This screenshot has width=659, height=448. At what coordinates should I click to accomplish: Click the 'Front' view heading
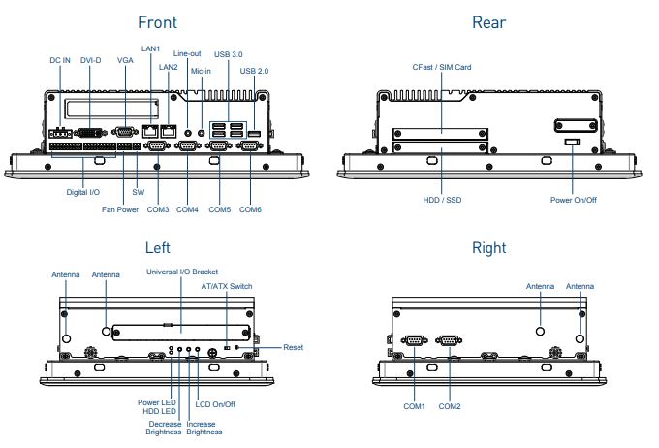click(x=157, y=22)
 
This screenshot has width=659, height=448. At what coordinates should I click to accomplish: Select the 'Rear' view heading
click(x=488, y=22)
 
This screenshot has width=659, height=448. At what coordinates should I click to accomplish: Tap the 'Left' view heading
click(x=157, y=248)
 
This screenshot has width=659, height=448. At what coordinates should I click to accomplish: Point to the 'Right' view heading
click(x=488, y=248)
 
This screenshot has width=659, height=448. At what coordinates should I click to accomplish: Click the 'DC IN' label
click(x=60, y=60)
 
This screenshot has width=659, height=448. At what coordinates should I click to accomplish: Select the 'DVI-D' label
click(x=91, y=60)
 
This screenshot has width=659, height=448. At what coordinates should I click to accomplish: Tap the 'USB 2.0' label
click(x=255, y=71)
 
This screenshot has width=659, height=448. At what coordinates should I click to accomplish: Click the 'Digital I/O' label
click(x=82, y=192)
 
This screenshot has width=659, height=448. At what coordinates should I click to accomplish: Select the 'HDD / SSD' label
click(x=439, y=200)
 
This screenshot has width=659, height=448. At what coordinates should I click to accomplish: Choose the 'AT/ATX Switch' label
click(x=227, y=286)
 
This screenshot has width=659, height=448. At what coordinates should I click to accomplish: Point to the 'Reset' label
click(x=293, y=347)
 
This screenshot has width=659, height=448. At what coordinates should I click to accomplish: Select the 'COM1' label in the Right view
click(x=416, y=405)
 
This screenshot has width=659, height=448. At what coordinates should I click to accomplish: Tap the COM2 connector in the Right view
click(x=448, y=340)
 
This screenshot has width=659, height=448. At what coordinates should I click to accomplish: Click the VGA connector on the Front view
click(x=124, y=131)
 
